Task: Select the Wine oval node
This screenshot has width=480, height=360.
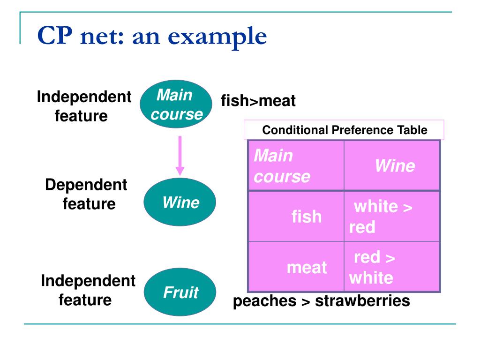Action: [x=180, y=202]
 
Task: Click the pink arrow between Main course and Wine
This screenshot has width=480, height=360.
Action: [x=180, y=155]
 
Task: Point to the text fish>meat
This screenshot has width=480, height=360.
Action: [x=258, y=101]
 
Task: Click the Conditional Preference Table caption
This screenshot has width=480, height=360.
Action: [x=344, y=130]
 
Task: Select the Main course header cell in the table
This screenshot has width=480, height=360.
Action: [x=296, y=166]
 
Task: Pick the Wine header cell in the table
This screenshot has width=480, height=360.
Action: [x=392, y=166]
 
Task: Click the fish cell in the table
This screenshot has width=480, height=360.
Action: [x=296, y=217]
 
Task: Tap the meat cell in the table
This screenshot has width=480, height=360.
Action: [x=296, y=267]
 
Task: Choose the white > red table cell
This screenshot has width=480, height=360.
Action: [x=392, y=217]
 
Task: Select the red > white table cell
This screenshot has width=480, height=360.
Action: [x=392, y=267]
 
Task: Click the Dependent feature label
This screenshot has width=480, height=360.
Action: [x=87, y=194]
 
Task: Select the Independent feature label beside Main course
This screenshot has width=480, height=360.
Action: [x=83, y=106]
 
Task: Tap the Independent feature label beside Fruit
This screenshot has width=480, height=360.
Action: [x=87, y=290]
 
